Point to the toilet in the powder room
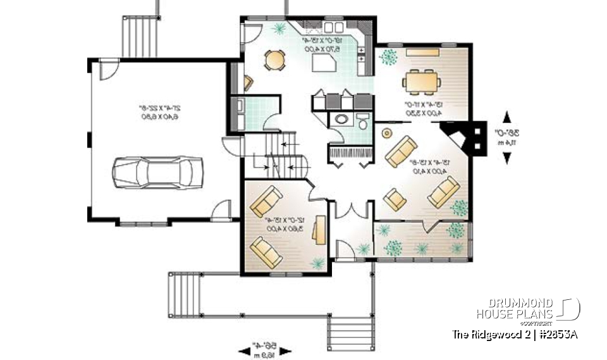coord(362,122)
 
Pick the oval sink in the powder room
coord(341,119)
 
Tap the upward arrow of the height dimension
coord(506,116)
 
